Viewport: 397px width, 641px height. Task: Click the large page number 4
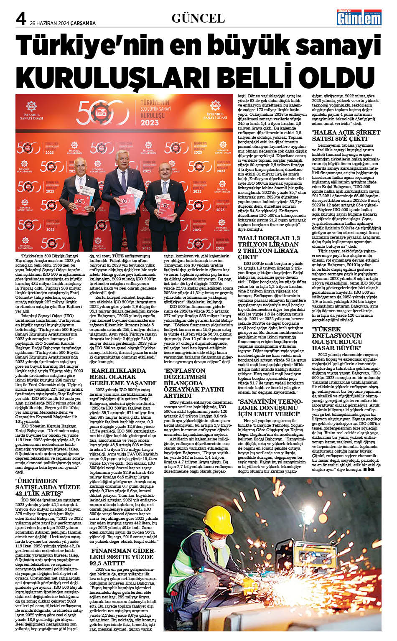(21, 19)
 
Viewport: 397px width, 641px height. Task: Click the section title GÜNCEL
(198, 18)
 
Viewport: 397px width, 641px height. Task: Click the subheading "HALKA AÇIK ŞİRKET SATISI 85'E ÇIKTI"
(346, 135)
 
